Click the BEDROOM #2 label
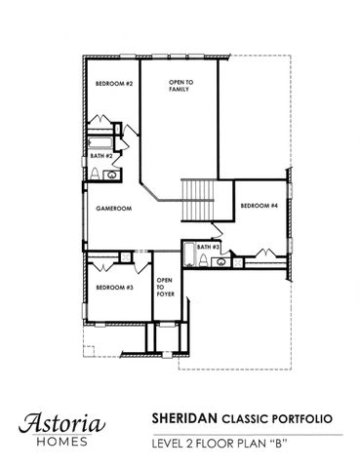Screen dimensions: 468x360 coord(113,85)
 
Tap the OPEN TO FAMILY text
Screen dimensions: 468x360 coord(179,86)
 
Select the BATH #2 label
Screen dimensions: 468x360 coord(101,156)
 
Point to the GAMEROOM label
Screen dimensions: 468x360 coord(113,209)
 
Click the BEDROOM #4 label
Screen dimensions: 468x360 coord(260,206)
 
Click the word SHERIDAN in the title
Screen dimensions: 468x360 coord(183,417)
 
